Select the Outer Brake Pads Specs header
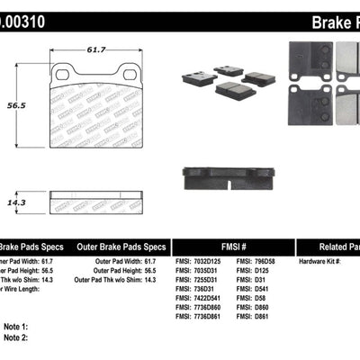pos(121,246)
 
